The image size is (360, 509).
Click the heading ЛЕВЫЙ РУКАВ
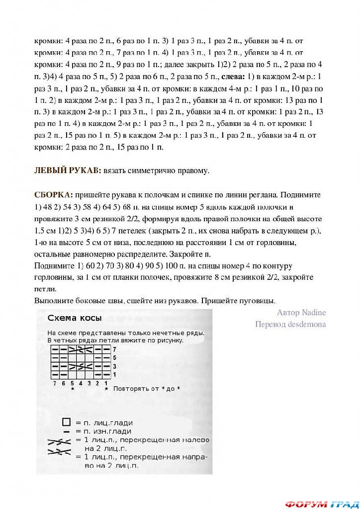pos(66,170)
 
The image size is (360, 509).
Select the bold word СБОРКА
pos(53,194)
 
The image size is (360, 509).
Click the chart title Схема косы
pos(75,318)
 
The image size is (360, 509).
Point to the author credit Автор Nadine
pos(301,313)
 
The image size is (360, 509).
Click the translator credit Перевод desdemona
pos(290,324)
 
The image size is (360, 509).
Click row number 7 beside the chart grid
pos(114,349)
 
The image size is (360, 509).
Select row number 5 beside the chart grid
pos(114,357)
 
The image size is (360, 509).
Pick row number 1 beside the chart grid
pos(114,374)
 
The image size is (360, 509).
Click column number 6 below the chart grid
pos(64,383)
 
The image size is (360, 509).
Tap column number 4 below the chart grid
pos(81,383)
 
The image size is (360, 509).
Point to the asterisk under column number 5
pos(73,389)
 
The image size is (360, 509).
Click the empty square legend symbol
pos(66,422)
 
